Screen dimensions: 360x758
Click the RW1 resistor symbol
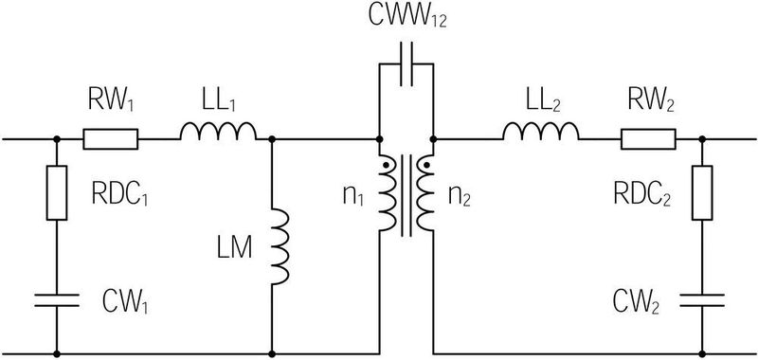pos(110,140)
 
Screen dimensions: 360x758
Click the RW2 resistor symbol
pos(648,140)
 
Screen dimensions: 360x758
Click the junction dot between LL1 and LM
pos(272,140)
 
